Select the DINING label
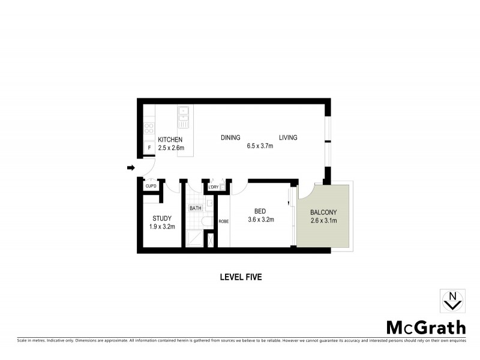point(230,138)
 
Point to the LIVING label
point(287,138)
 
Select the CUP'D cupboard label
point(151,187)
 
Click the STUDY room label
point(162,218)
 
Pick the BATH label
point(196,208)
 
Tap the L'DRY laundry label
point(213,187)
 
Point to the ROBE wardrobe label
point(223,221)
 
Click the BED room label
point(260,211)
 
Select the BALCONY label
point(323,212)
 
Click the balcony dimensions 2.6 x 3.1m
point(323,221)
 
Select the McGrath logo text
point(425,328)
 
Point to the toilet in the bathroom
point(207,222)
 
